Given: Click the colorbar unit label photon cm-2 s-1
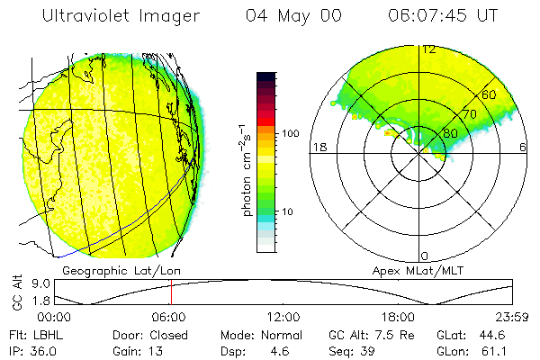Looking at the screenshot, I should [x=246, y=167].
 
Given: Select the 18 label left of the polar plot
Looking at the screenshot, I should [x=318, y=146].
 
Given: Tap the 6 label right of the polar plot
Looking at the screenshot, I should [x=525, y=146].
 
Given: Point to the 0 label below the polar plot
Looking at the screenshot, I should [x=425, y=256].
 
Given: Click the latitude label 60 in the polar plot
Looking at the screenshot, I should [x=489, y=94].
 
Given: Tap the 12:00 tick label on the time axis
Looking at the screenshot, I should [x=283, y=318].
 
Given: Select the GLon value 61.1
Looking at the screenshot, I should [x=498, y=351].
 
